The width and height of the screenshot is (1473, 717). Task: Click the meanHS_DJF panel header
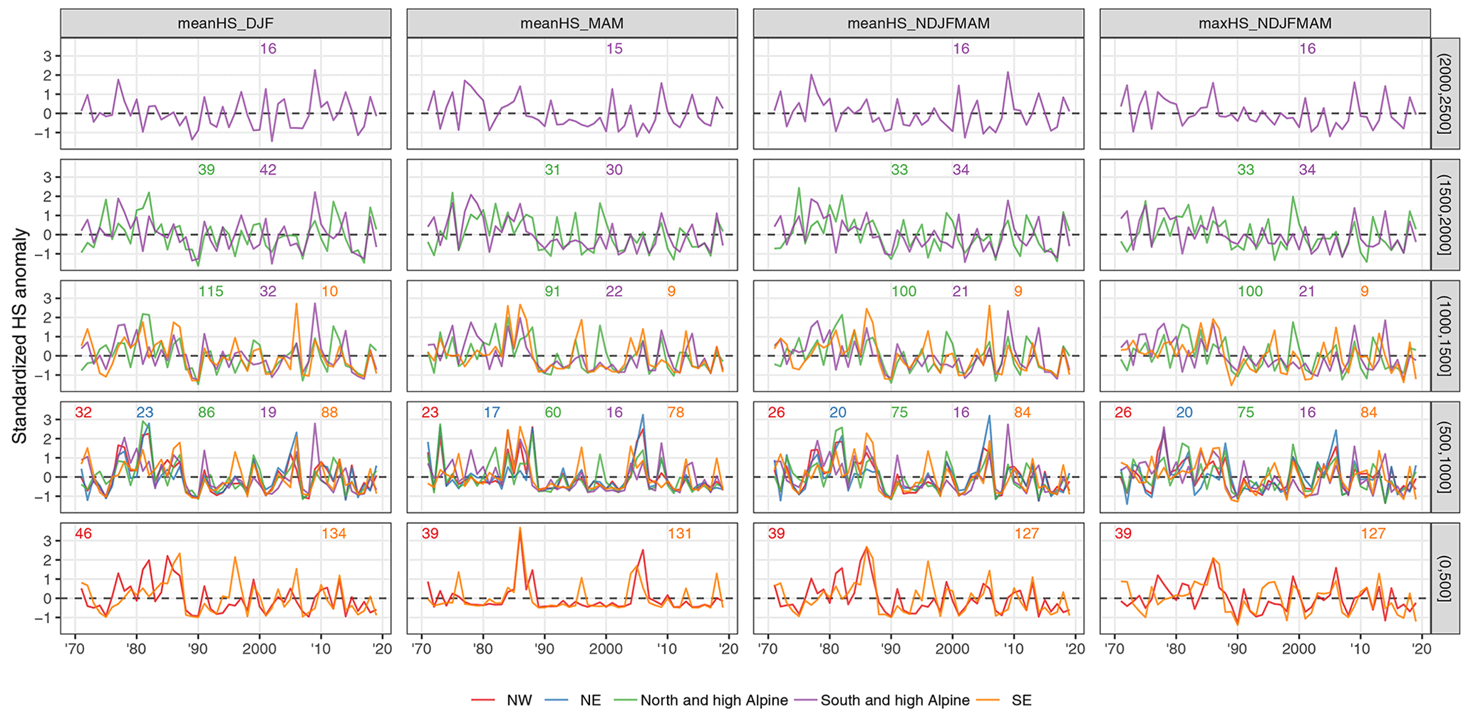point(225,23)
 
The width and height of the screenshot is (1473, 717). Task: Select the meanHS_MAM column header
point(572,23)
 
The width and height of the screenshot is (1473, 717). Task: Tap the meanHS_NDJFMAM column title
point(918,23)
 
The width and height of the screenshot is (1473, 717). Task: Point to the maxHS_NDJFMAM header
point(1264,23)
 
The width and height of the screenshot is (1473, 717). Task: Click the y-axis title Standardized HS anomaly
point(19,336)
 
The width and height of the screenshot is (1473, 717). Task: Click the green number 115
point(211,291)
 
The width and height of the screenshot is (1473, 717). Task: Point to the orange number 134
point(334,533)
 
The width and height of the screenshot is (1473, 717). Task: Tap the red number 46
point(83,533)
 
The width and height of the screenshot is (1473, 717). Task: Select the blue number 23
point(145,412)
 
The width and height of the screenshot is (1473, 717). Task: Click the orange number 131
point(680,533)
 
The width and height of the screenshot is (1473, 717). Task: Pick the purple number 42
point(268,170)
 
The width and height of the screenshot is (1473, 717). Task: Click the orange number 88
point(329,412)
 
